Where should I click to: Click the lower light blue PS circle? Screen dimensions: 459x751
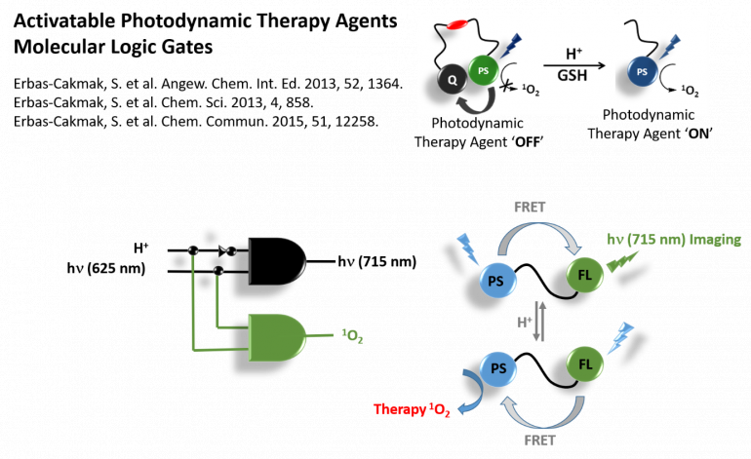[497, 371]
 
